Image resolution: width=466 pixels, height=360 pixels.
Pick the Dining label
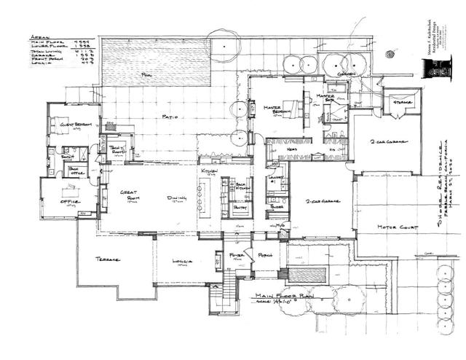(x=177, y=198)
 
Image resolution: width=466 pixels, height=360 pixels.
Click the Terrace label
(x=107, y=259)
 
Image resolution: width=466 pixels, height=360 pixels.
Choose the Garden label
(x=346, y=74)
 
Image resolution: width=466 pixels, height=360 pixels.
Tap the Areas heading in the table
(x=44, y=35)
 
